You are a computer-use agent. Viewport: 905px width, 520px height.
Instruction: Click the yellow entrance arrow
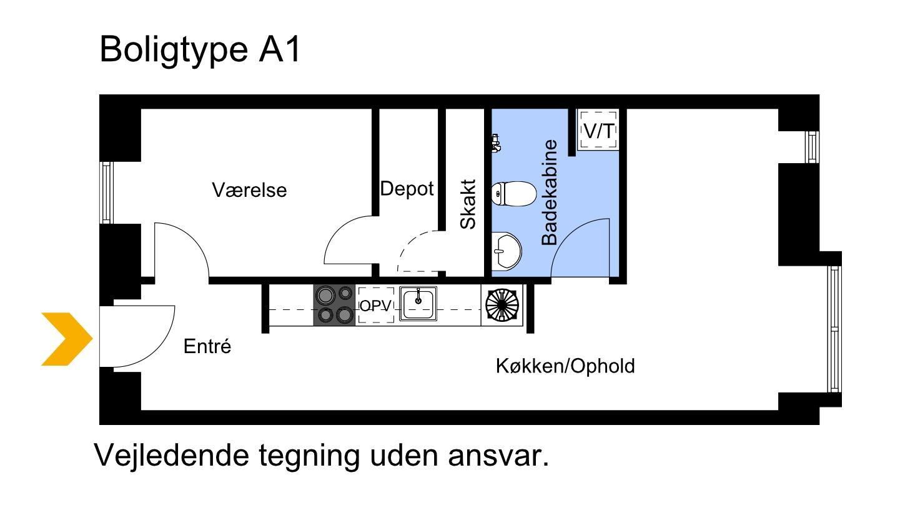(67, 339)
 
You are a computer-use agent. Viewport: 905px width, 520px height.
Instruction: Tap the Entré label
(207, 346)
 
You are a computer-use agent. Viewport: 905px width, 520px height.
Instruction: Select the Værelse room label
(249, 190)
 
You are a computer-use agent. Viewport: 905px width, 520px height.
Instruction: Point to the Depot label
(407, 189)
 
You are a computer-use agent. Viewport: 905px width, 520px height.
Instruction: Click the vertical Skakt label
(468, 204)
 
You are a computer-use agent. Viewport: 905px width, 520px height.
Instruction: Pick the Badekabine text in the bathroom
(550, 192)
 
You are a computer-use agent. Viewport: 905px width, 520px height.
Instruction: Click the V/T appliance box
(598, 130)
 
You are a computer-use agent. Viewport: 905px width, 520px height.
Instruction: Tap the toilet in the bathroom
(514, 194)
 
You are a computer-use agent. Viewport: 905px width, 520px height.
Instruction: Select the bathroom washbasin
(507, 251)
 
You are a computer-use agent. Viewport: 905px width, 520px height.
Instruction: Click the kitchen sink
(418, 304)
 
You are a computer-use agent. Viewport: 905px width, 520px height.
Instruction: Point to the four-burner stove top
(335, 305)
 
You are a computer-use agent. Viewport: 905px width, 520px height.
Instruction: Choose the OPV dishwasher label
(376, 306)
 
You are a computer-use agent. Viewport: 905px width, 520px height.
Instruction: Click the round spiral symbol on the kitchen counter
(502, 305)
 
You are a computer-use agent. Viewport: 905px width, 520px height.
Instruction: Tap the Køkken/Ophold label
(565, 366)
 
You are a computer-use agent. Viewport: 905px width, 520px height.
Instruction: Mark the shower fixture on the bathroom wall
(496, 143)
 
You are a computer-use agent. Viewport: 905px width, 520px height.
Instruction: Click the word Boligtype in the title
(174, 50)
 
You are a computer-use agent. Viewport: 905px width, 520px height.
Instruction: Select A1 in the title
(279, 49)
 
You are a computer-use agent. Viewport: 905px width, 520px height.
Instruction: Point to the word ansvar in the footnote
(498, 456)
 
